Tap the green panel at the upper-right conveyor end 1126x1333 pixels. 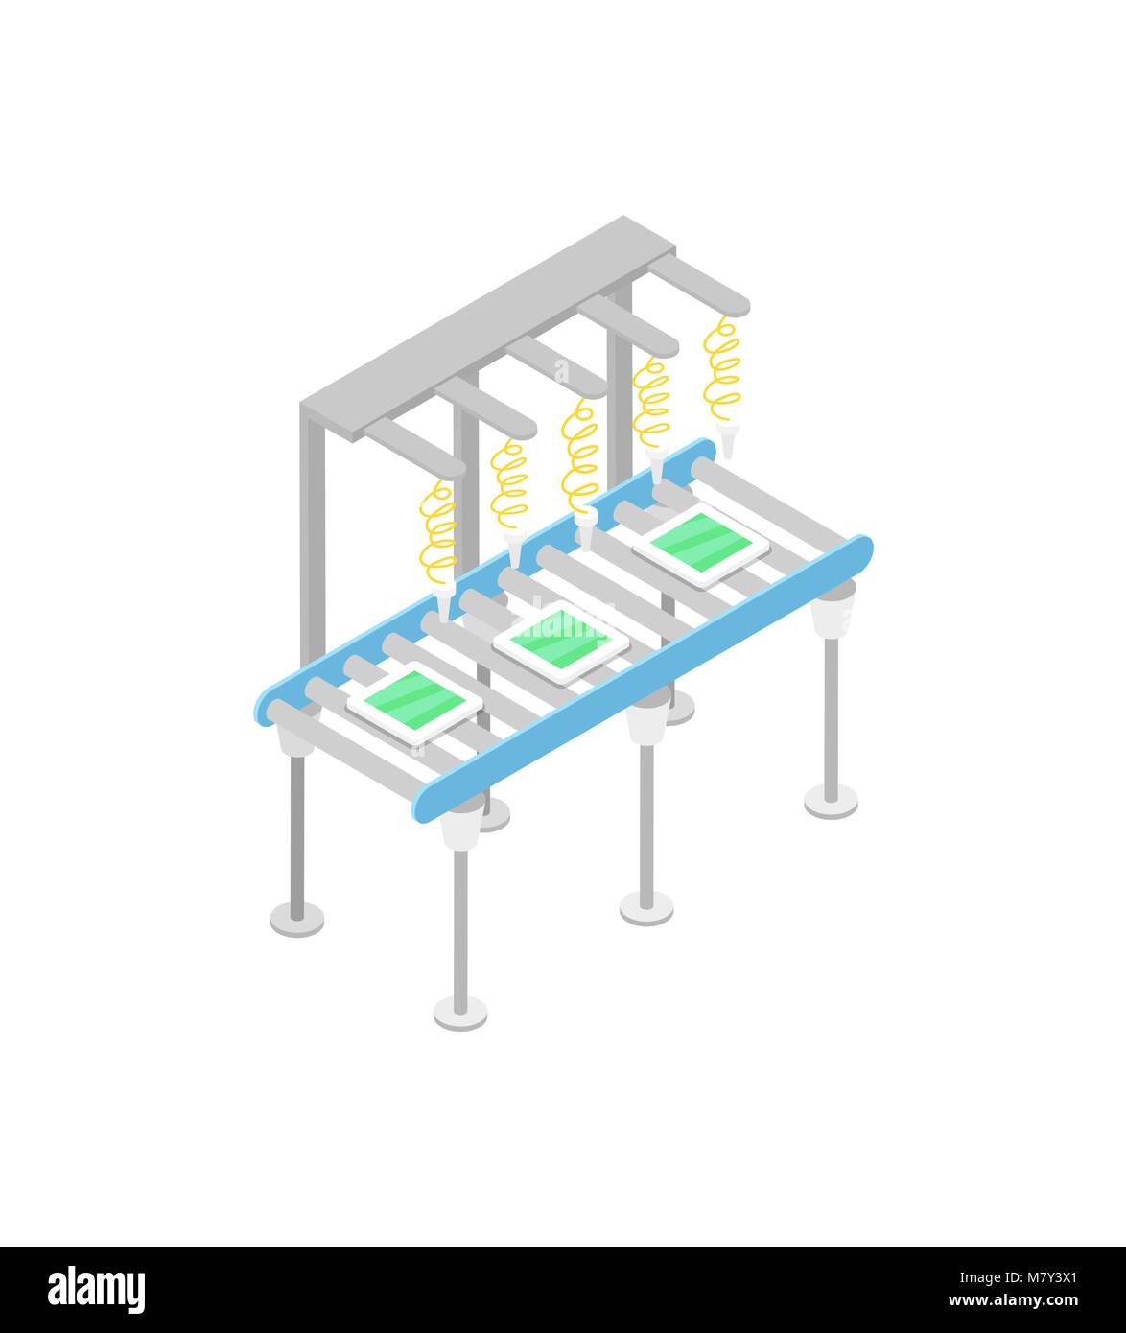(701, 544)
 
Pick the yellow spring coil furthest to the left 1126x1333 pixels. (438, 533)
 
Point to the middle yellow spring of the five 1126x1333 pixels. (579, 458)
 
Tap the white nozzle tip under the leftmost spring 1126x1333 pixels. (443, 604)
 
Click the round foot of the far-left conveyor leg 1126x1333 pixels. (296, 918)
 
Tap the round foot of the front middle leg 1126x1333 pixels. (645, 906)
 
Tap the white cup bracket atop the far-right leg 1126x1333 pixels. (832, 613)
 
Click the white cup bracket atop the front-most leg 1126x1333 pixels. (461, 827)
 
